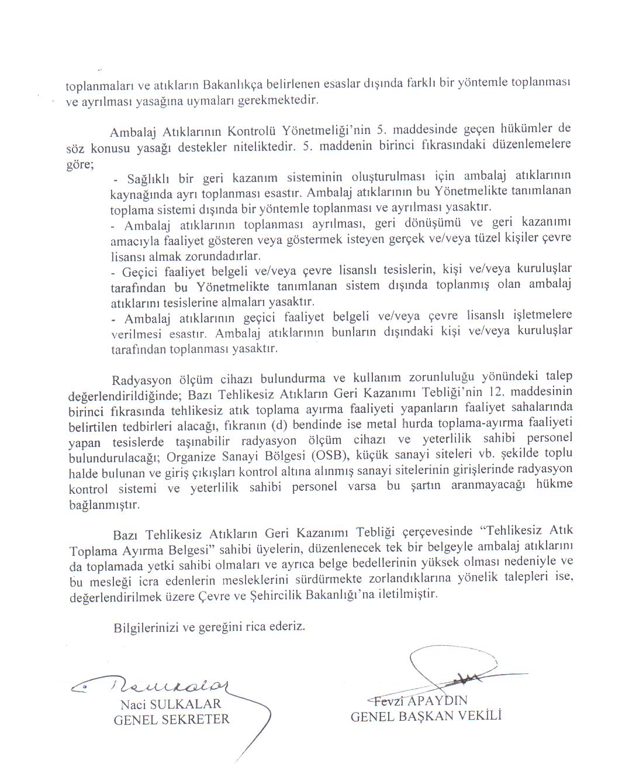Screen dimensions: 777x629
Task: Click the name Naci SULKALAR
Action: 171,704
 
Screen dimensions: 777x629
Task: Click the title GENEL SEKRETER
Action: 171,720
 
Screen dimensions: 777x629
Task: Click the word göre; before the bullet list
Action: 80,164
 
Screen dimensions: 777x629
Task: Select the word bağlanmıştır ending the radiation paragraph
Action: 104,504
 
